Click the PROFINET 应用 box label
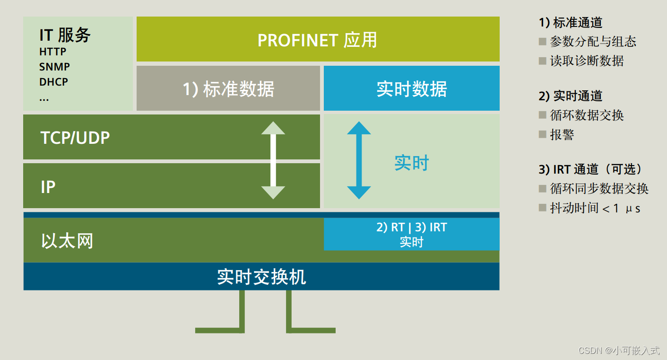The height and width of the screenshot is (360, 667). tap(317, 40)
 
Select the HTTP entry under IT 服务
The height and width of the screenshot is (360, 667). tap(53, 52)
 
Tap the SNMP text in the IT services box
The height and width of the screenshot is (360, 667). tap(54, 67)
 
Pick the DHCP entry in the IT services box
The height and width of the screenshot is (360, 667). tap(53, 82)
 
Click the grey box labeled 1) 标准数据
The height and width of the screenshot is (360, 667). tap(228, 89)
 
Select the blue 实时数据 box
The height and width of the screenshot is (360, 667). tap(411, 89)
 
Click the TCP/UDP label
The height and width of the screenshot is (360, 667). tap(75, 138)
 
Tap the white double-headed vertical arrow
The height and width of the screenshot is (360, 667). tap(273, 160)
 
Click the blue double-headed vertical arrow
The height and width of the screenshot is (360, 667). tap(359, 160)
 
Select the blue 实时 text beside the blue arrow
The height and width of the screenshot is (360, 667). tap(411, 163)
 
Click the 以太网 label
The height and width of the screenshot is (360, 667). tap(67, 241)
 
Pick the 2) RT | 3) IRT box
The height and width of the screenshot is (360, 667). tap(411, 234)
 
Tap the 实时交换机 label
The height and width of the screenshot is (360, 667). tap(261, 277)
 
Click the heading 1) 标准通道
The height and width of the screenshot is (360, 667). tap(571, 22)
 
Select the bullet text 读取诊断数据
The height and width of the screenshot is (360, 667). tap(587, 61)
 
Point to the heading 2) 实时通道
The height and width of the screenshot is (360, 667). tap(571, 96)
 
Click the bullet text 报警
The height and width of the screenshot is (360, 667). tap(562, 134)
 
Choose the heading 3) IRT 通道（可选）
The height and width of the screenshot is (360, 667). tap(591, 169)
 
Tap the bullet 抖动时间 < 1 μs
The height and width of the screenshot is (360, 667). tap(595, 208)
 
